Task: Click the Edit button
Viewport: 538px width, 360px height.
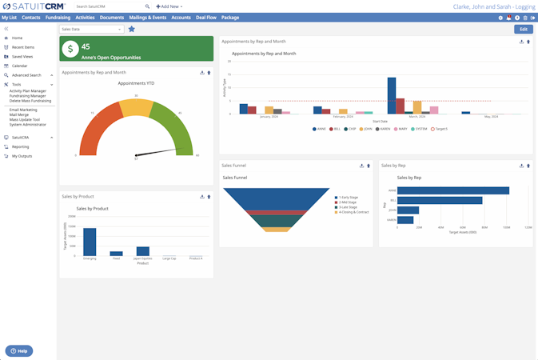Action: tap(523, 29)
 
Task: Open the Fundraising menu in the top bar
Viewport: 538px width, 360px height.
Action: tap(58, 17)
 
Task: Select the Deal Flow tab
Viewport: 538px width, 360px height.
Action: tap(206, 17)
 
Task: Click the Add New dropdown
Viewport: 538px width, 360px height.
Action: tap(169, 6)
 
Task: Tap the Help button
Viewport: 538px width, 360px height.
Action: tap(19, 350)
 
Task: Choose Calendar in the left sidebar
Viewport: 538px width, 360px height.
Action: tap(19, 66)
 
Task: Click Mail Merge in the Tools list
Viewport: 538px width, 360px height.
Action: tap(19, 114)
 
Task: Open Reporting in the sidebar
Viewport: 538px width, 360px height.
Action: tap(20, 146)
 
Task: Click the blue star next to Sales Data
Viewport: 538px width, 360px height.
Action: tap(132, 29)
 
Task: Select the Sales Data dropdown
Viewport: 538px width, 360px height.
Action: tap(91, 29)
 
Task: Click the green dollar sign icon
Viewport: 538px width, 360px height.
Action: tap(70, 49)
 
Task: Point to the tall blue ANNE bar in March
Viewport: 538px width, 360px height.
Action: tap(392, 95)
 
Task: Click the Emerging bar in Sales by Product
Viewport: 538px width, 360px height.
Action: tap(90, 242)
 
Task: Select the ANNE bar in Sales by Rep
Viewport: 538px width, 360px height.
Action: tap(452, 190)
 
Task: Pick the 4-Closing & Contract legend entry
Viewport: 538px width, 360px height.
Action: tap(352, 212)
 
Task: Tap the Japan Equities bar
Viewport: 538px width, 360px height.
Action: tap(143, 250)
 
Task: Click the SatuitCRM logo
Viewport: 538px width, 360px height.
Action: tap(34, 6)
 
